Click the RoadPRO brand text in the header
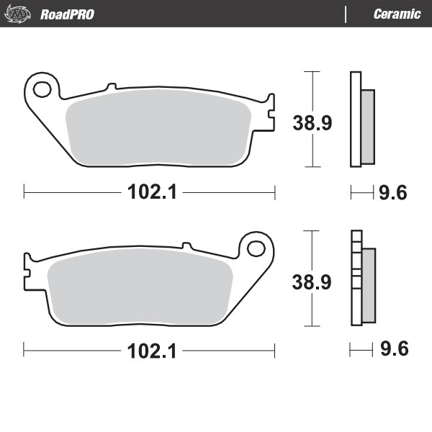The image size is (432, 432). tap(66, 14)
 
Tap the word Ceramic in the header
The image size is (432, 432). tap(397, 14)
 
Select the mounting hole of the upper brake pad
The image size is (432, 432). tap(42, 90)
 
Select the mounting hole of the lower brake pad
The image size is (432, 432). tap(256, 248)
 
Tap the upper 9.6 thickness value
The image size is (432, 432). tap(393, 192)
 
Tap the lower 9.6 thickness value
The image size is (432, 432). tap(393, 351)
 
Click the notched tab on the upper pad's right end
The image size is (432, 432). tap(269, 112)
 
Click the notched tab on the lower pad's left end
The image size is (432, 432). tap(30, 270)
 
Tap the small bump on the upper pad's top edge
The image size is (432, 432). tap(111, 87)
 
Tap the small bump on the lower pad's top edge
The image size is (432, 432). tap(186, 246)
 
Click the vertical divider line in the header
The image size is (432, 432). tap(346, 14)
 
